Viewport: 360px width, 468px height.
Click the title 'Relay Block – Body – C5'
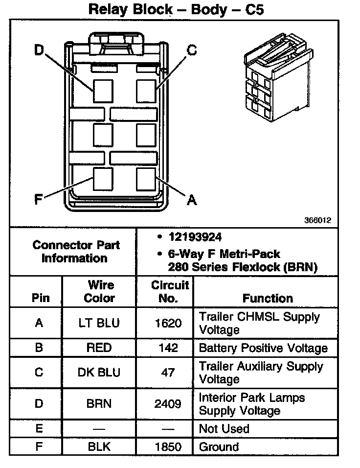(176, 9)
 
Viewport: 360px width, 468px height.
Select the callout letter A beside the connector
(192, 200)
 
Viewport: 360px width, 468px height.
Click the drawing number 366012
(318, 220)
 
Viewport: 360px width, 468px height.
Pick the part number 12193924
(195, 237)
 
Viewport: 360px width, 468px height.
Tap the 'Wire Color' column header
(99, 292)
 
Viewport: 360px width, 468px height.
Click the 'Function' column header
(268, 298)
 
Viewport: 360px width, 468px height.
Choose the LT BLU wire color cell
(99, 323)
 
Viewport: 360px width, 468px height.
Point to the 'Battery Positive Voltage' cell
(263, 348)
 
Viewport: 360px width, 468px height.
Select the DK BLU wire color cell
(99, 373)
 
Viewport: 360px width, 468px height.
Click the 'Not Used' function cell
(224, 429)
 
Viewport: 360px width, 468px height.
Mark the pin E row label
(39, 429)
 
